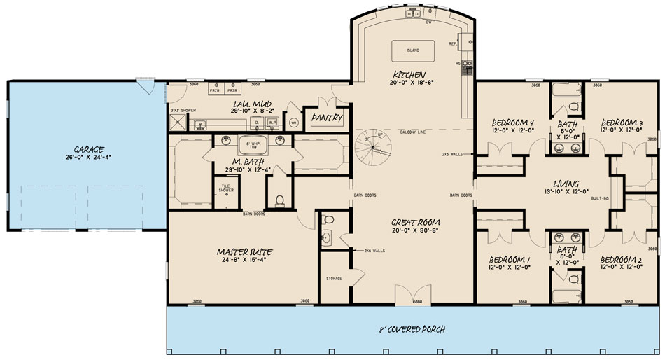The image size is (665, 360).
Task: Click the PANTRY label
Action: [x=326, y=118]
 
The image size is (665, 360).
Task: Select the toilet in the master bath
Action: [x=280, y=201]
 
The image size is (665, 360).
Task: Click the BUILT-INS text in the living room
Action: [x=598, y=199]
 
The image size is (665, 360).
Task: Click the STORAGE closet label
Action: [x=334, y=279]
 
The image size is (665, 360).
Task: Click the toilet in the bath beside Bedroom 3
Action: [x=573, y=106]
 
